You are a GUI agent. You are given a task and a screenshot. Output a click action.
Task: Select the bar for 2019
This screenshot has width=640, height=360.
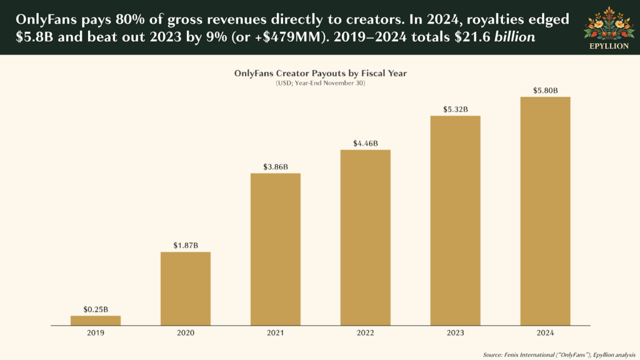[x=96, y=320]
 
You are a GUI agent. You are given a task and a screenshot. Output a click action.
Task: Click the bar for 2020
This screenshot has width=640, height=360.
[x=186, y=288]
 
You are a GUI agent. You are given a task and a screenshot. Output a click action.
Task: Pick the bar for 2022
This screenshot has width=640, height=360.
[x=366, y=237]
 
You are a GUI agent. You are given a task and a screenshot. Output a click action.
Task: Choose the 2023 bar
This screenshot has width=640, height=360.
[x=456, y=220]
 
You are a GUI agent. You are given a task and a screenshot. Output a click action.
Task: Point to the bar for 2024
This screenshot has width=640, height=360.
[x=546, y=211]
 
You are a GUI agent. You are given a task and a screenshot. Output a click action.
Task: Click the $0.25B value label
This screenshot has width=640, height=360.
[x=96, y=309]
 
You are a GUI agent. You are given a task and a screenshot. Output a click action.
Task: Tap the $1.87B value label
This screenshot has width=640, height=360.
[x=186, y=245]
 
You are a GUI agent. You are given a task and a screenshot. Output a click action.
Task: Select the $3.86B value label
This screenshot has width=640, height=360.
[x=276, y=166]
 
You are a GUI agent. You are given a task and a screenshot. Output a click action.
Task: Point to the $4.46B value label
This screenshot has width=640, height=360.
[x=366, y=143]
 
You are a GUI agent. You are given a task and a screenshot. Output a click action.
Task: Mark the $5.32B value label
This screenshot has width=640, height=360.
[x=456, y=109]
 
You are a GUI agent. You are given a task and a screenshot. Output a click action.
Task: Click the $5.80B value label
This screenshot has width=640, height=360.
[x=546, y=91]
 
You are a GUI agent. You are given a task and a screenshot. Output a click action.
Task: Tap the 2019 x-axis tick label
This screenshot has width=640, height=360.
[x=96, y=333]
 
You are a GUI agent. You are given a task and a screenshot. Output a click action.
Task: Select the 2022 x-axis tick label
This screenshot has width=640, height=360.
[x=366, y=333]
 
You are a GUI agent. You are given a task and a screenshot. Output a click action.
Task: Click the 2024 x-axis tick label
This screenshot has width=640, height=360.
[x=546, y=333]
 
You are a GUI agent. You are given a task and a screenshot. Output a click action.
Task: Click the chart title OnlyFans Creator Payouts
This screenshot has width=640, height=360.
[x=320, y=73]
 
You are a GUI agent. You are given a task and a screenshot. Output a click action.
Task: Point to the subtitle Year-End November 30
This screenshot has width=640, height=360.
[x=320, y=83]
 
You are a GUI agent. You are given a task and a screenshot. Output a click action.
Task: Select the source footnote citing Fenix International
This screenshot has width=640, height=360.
[x=558, y=352]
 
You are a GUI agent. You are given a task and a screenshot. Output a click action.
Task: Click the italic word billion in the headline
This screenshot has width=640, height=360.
[x=514, y=37]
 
